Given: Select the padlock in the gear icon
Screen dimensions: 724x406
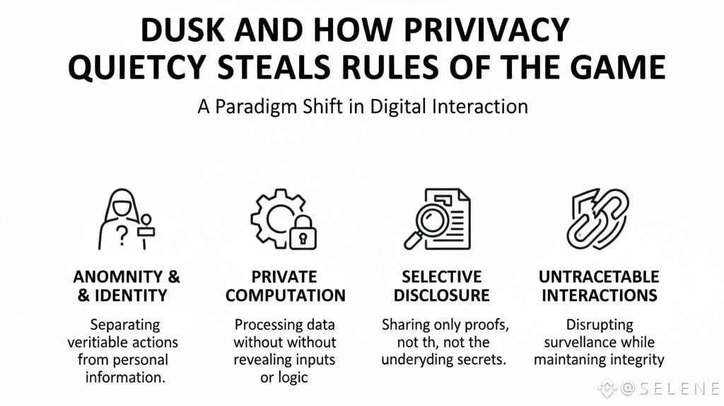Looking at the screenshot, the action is click(304, 234).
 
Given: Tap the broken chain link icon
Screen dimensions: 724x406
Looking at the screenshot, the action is click(598, 219).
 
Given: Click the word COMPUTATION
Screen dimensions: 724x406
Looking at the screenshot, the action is click(285, 296).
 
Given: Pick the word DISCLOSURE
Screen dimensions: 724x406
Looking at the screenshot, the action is click(441, 296).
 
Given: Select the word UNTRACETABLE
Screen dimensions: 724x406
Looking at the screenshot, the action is click(599, 277).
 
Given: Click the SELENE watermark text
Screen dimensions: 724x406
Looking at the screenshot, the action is click(668, 388).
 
